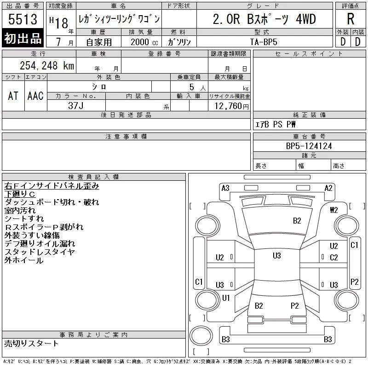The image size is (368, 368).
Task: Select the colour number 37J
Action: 75,105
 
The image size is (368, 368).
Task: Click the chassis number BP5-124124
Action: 309,146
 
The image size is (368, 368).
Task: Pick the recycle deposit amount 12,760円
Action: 229,106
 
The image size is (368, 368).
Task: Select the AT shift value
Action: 13,96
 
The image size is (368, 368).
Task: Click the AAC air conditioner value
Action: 35,96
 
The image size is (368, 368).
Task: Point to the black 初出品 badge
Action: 23,38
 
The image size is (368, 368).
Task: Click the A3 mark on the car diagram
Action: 225,188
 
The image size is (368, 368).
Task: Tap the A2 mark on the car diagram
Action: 328,188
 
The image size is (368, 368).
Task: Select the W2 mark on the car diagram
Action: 334,210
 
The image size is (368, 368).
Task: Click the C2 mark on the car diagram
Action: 334,258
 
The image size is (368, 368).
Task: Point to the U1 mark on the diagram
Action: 226,298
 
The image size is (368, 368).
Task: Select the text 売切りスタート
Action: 31,343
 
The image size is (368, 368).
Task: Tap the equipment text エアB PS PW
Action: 276,124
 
